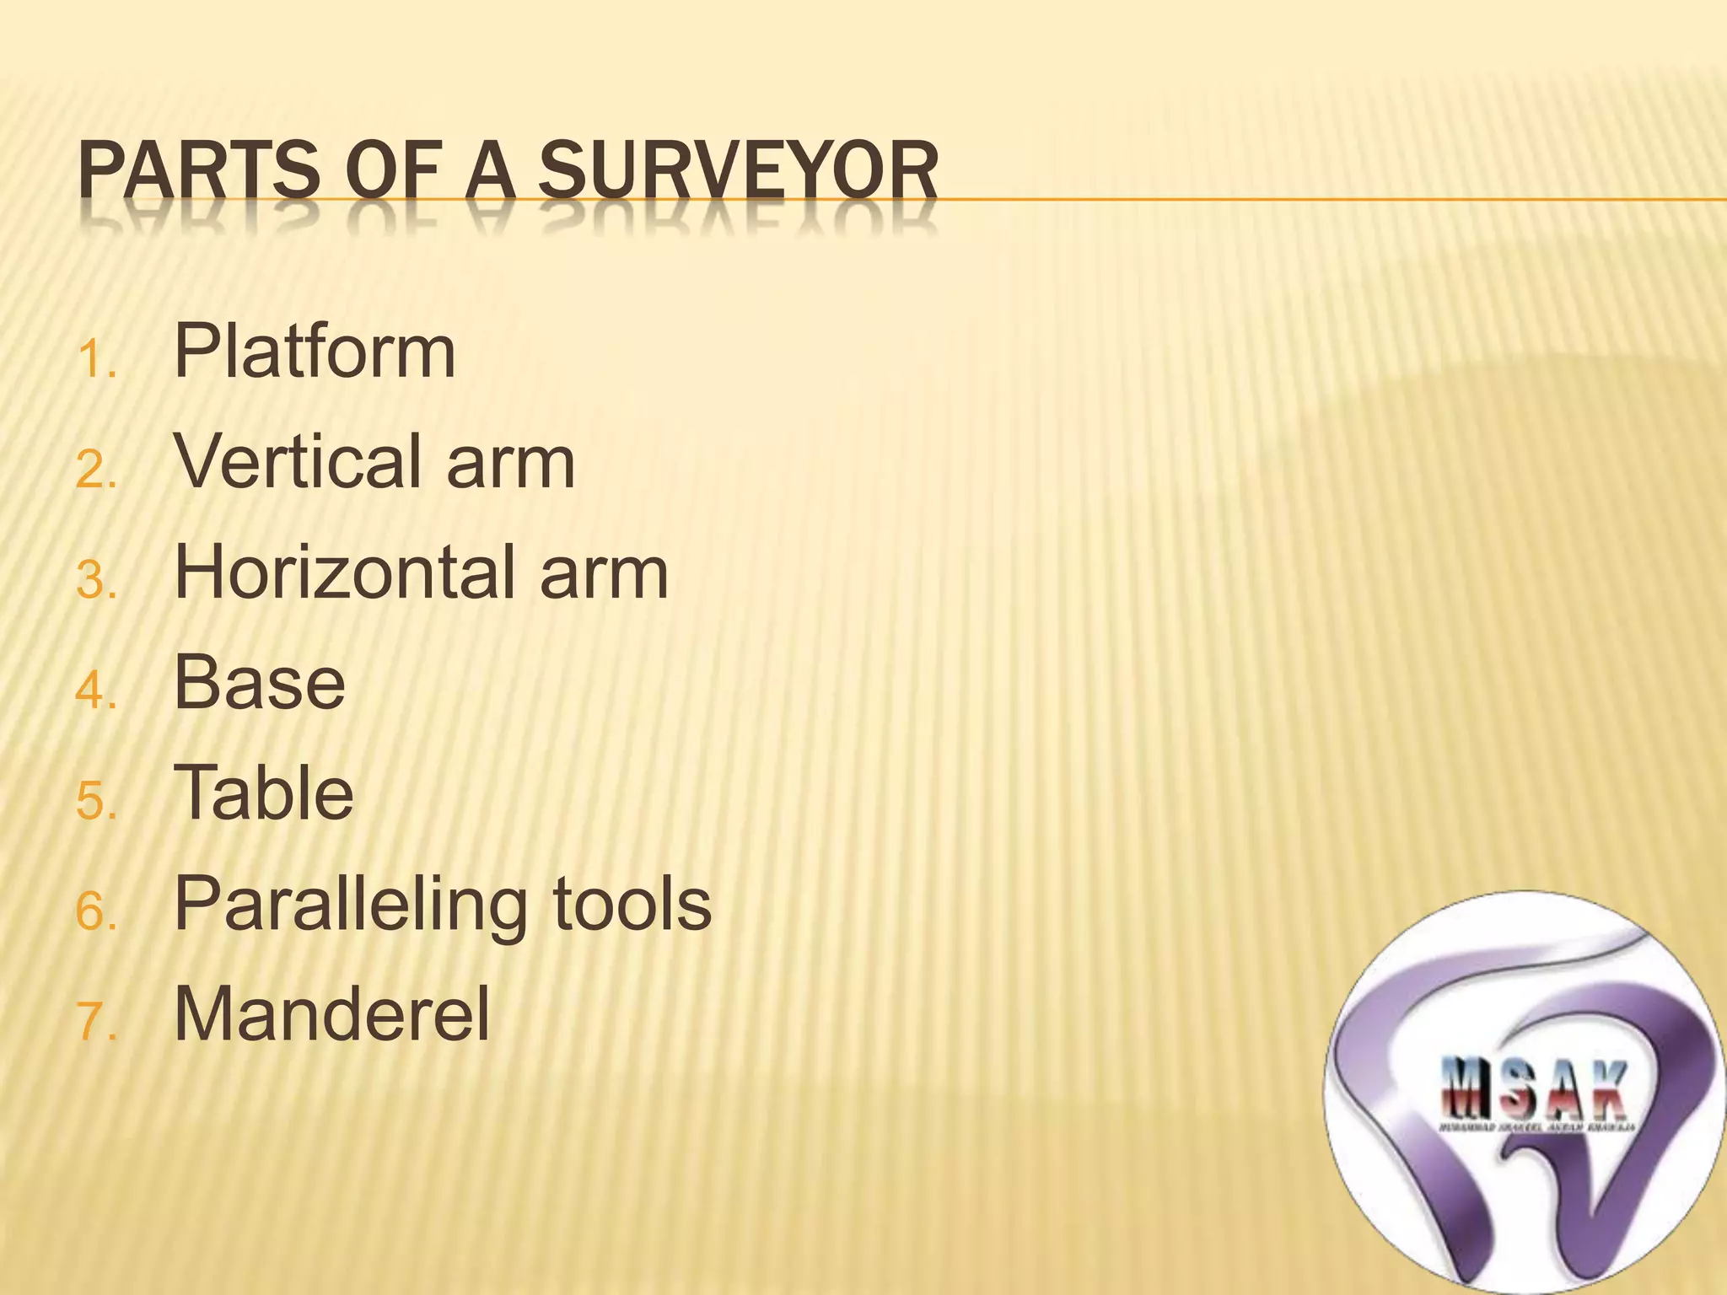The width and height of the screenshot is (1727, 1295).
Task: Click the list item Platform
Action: click(315, 352)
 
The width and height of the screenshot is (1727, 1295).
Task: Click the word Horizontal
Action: click(345, 572)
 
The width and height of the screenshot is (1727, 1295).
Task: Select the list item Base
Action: click(260, 683)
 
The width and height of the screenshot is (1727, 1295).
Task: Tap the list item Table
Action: click(264, 793)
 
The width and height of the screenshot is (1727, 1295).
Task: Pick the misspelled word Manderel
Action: click(331, 1014)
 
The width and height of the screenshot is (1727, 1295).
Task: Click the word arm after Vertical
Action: click(511, 462)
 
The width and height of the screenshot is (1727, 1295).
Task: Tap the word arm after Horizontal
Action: click(604, 572)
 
